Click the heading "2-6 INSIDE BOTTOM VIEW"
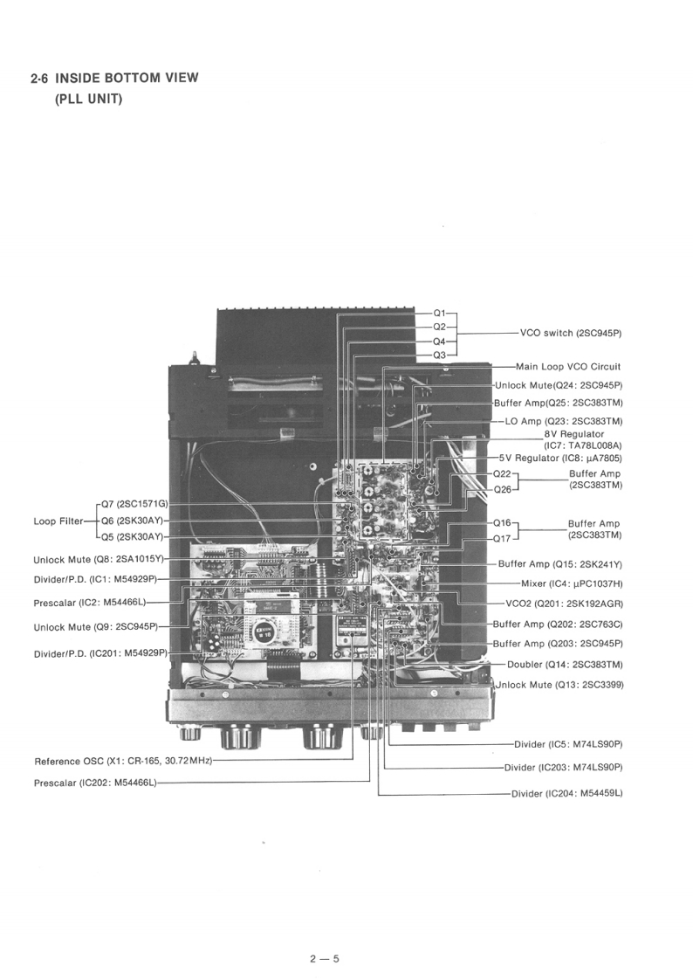pos(114,78)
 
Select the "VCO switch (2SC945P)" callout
pos(575,333)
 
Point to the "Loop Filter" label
pos(58,521)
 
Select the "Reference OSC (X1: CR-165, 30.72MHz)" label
pos(123,761)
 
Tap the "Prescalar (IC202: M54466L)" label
pos(95,782)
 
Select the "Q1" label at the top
pos(439,313)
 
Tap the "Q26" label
pos(502,489)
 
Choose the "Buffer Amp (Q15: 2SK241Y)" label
pos(560,564)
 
